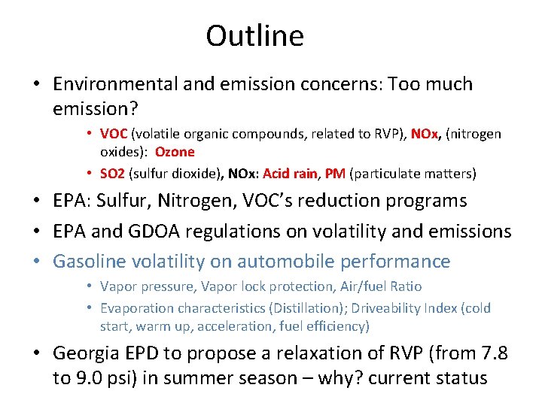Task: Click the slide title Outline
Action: click(x=254, y=35)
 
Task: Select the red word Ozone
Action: click(x=175, y=152)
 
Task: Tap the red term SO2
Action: click(x=112, y=174)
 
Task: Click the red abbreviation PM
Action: click(x=335, y=174)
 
